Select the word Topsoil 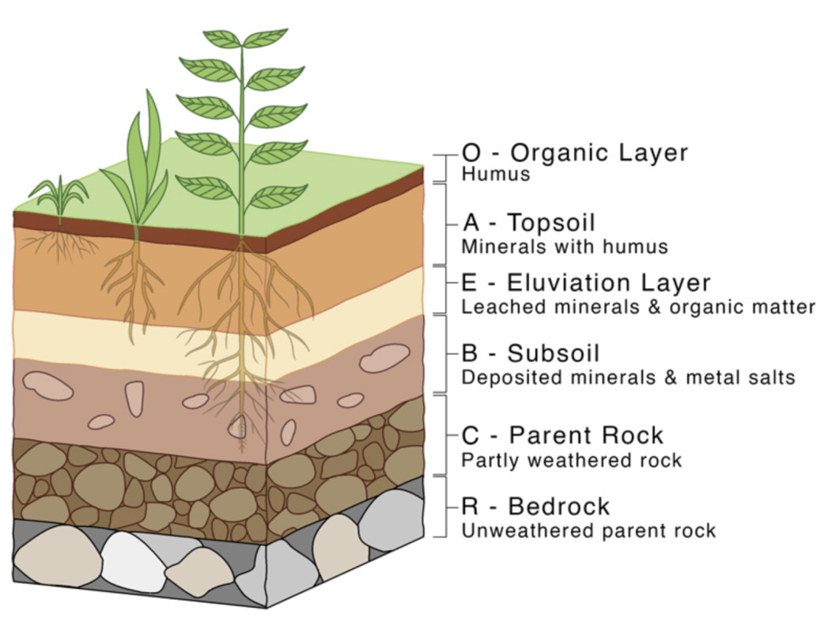click(x=551, y=222)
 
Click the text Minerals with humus click(x=565, y=247)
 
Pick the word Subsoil click(x=554, y=353)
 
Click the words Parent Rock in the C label click(x=586, y=435)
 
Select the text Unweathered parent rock click(x=588, y=530)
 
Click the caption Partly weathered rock click(x=571, y=460)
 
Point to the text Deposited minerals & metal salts click(x=628, y=377)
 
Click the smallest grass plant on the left click(x=59, y=194)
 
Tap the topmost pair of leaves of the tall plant click(x=242, y=38)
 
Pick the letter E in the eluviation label click(x=468, y=282)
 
